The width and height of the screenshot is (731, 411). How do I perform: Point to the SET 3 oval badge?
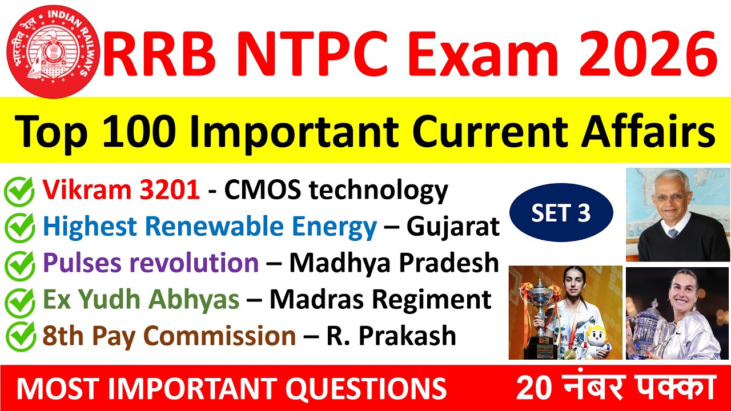(561, 213)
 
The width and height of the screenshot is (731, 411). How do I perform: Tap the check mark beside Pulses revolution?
(19, 264)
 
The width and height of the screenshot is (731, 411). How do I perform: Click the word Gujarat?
(453, 228)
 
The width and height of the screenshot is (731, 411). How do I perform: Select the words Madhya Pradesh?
(394, 263)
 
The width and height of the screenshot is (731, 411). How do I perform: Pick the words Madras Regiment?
(380, 300)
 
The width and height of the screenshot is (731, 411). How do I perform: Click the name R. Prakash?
(391, 336)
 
